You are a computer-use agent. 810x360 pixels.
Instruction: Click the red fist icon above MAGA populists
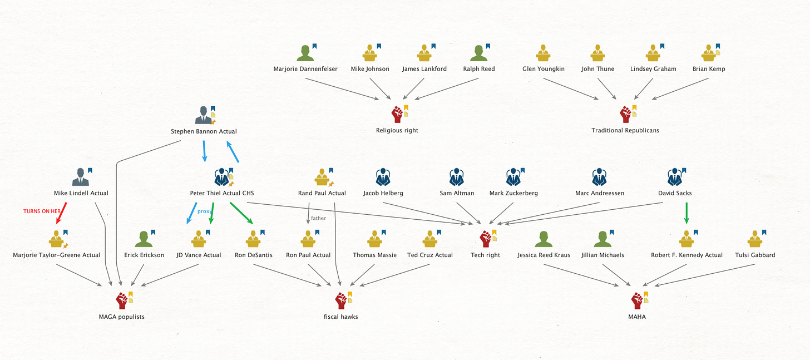pyautogui.click(x=122, y=300)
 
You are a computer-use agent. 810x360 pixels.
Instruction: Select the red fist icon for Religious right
pyautogui.click(x=397, y=114)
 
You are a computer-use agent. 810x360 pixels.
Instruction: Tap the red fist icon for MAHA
pyautogui.click(x=638, y=300)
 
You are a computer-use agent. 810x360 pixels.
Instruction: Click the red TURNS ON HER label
pyautogui.click(x=42, y=211)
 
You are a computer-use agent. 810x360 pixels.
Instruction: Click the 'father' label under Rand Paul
pyautogui.click(x=318, y=218)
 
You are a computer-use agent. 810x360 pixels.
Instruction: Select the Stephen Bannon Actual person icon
pyautogui.click(x=203, y=115)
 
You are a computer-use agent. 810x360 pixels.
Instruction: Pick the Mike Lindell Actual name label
pyautogui.click(x=81, y=193)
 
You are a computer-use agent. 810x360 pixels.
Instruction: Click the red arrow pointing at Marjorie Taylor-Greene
pyautogui.click(x=61, y=214)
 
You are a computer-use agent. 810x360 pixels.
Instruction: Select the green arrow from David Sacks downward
pyautogui.click(x=686, y=213)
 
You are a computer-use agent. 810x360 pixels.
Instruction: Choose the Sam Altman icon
pyautogui.click(x=456, y=177)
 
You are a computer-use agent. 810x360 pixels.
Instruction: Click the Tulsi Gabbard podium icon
pyautogui.click(x=754, y=239)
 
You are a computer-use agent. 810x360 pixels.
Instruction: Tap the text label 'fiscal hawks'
pyautogui.click(x=342, y=317)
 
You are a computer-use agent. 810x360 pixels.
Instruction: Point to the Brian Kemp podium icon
pyautogui.click(x=708, y=53)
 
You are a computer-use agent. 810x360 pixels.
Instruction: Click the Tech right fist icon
pyautogui.click(x=485, y=239)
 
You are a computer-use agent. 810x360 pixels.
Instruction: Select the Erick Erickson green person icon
pyautogui.click(x=144, y=239)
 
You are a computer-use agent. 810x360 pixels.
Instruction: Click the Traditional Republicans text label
pyautogui.click(x=625, y=130)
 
